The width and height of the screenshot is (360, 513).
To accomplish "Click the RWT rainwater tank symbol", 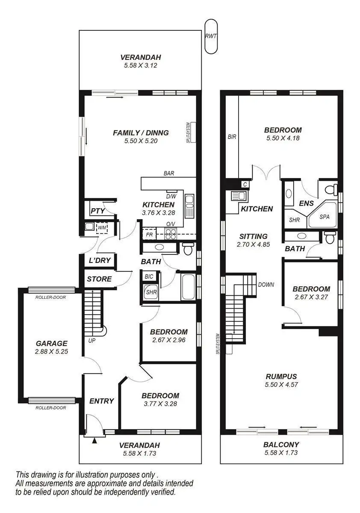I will (x=211, y=36).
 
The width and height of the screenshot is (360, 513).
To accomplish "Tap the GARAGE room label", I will (x=51, y=343).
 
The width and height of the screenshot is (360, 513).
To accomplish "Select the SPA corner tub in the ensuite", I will (x=325, y=217).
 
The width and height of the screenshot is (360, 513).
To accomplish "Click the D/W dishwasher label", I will (x=171, y=196).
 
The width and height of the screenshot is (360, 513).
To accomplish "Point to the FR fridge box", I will (x=149, y=235).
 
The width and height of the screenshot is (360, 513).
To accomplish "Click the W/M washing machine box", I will (x=101, y=227).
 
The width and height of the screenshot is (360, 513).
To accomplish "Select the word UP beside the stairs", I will (x=92, y=341).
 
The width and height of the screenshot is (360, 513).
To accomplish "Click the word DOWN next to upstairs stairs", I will (x=266, y=284).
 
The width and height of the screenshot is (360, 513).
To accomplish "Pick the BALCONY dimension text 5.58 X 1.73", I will (x=281, y=453).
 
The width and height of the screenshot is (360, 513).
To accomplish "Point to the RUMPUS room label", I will (x=281, y=377).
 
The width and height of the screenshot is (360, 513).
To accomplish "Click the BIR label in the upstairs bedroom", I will (x=232, y=137).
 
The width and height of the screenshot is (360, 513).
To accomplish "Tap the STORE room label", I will (x=99, y=279).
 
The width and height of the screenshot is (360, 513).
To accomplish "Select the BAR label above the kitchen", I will (x=168, y=174).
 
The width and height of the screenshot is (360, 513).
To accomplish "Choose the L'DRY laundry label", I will (x=99, y=260).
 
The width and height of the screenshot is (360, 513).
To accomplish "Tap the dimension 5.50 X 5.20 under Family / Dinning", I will (x=141, y=141).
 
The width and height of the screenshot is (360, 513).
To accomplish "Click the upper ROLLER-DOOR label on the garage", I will (x=50, y=297).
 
